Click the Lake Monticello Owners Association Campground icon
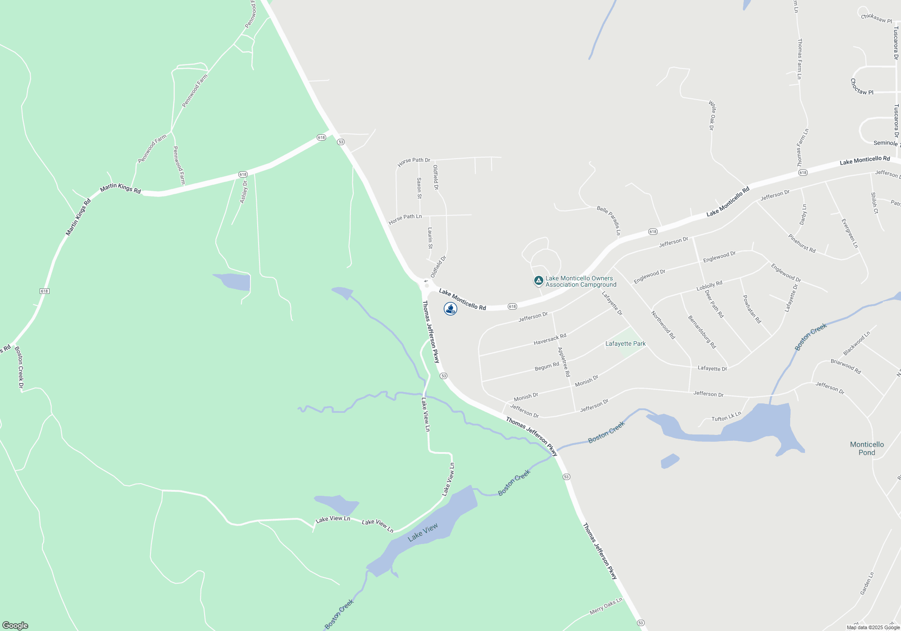tap(538, 281)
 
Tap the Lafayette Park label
tap(625, 343)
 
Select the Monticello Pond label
tap(867, 448)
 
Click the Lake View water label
tap(423, 533)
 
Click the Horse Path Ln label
tap(405, 219)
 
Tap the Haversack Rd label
tap(550, 339)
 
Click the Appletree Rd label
tap(564, 362)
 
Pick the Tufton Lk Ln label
tap(726, 417)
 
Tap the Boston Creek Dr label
tap(19, 367)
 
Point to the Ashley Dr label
tap(244, 192)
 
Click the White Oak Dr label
tap(712, 115)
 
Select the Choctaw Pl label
tap(861, 87)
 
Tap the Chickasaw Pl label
tap(876, 18)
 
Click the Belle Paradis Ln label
tap(609, 220)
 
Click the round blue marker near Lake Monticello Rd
tap(450, 309)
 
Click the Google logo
tap(15, 625)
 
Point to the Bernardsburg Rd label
tap(701, 332)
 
